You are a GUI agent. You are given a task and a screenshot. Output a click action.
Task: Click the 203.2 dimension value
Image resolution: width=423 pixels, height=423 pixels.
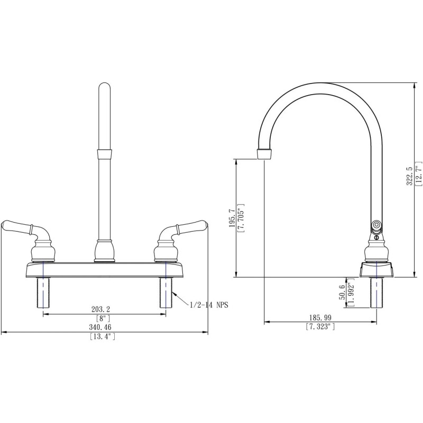coord(104,308)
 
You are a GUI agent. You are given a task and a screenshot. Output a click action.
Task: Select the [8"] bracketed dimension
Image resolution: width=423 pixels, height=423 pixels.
coord(104,318)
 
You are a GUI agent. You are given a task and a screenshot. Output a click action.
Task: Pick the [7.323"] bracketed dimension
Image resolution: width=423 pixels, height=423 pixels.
coord(320,327)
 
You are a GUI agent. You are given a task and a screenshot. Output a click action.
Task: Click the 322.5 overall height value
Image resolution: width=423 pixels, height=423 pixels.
coord(408,177)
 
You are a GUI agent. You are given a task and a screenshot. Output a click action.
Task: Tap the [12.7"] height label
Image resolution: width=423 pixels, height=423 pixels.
coord(418,177)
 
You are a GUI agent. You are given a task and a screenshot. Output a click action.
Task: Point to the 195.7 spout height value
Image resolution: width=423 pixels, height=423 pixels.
coord(231,217)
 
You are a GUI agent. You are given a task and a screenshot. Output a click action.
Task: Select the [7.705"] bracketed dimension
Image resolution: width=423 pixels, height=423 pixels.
coord(241,217)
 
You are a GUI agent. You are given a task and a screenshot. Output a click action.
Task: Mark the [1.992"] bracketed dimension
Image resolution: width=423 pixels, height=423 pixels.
coord(351,292)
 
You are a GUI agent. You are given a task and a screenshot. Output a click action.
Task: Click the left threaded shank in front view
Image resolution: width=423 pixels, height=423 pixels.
coord(43,293)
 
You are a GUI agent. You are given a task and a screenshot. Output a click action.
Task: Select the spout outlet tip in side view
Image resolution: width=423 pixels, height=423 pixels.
coord(264,154)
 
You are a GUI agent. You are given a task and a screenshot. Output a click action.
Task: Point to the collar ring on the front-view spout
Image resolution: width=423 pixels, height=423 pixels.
coord(105,154)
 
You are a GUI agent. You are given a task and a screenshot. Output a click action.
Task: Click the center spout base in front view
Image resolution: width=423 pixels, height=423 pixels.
coord(105,251)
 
